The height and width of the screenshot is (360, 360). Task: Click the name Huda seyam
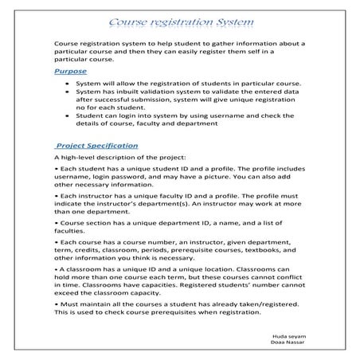(x=288, y=338)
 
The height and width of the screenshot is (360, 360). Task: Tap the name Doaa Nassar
(x=287, y=345)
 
